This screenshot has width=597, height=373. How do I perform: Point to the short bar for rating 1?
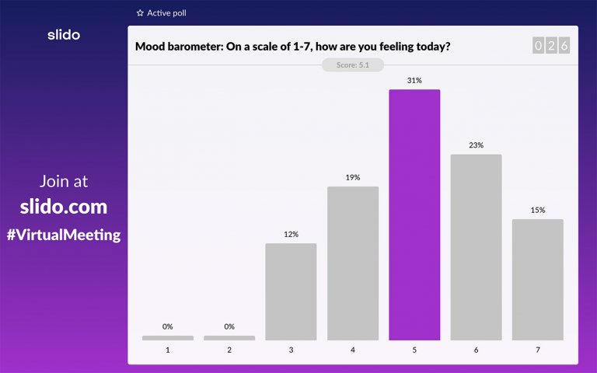168,338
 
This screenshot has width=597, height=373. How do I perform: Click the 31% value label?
414,81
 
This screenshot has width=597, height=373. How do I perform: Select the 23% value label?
476,145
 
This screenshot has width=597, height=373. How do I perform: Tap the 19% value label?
353,177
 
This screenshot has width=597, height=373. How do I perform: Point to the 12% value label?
291,234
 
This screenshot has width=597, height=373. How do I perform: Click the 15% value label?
537,210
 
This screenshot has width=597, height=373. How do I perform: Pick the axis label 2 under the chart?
229,350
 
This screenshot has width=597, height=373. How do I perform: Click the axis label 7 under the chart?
537,350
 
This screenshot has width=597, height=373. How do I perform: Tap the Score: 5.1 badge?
353,65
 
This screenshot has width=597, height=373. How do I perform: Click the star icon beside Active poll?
140,13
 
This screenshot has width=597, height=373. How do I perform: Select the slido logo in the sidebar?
64,34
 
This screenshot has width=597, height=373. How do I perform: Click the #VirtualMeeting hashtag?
64,235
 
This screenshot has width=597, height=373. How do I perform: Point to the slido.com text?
64,207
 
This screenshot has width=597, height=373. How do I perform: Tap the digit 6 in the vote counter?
564,46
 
